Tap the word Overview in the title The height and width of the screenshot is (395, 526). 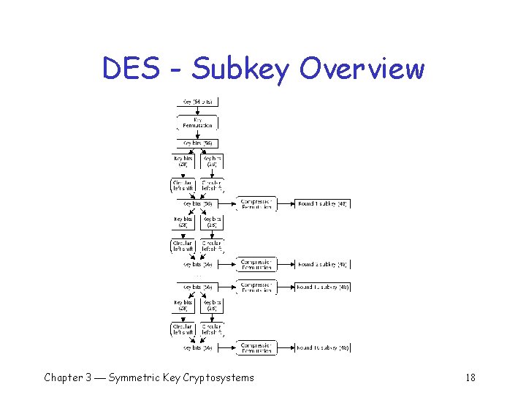362,69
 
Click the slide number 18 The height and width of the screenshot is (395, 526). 470,377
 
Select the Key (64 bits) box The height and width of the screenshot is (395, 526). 197,102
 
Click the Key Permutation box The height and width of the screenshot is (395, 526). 197,122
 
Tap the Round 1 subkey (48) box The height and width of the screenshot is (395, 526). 322,204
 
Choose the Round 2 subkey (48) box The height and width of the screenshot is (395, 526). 322,264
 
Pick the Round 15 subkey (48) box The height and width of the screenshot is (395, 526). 322,287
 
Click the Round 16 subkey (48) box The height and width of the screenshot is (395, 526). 322,347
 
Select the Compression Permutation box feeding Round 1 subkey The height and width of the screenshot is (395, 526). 256,204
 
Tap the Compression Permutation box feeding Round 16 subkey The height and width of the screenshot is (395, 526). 256,347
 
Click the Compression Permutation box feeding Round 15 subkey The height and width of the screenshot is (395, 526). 256,287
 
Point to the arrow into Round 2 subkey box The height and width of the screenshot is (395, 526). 286,264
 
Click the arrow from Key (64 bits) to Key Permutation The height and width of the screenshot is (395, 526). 197,110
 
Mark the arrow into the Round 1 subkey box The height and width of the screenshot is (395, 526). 286,204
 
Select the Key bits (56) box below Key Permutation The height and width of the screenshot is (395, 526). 197,143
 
